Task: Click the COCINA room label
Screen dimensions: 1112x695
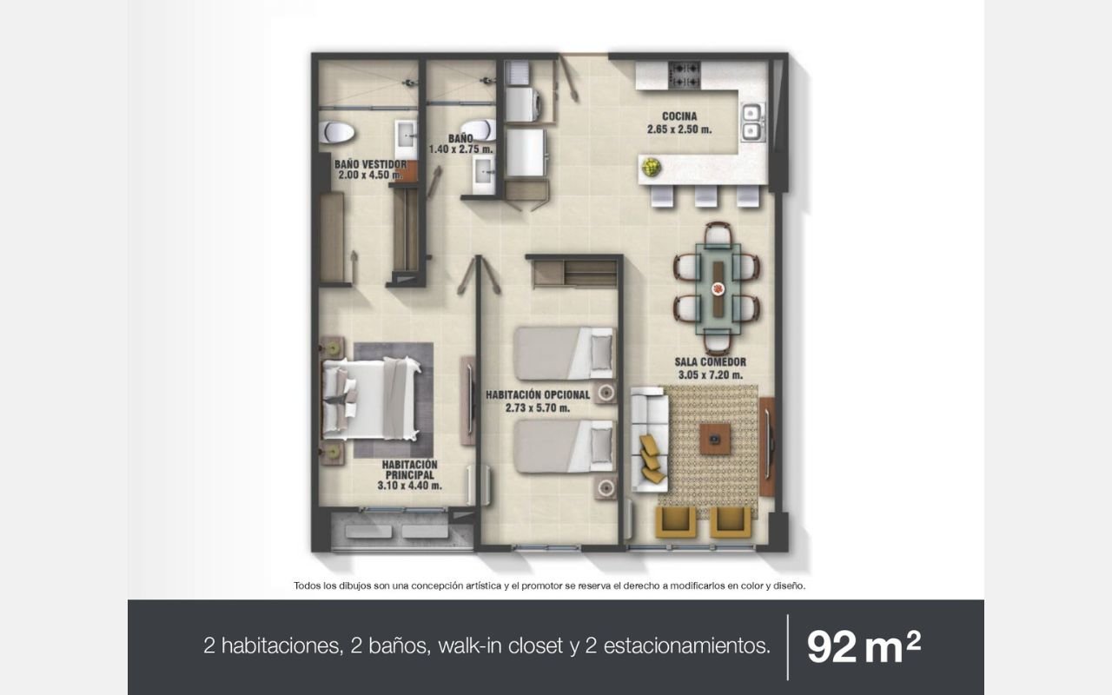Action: (x=679, y=116)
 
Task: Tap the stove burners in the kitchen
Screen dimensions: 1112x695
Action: (x=684, y=75)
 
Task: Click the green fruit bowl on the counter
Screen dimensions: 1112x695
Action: (x=651, y=168)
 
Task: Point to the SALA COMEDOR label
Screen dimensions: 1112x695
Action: (x=710, y=362)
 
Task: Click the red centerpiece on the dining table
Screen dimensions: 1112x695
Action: (x=718, y=288)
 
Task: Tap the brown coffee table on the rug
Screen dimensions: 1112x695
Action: (x=715, y=439)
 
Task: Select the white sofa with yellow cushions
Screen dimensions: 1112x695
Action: (x=649, y=440)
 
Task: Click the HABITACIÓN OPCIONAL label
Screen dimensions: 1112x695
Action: (x=538, y=395)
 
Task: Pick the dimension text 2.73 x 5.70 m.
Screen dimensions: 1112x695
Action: (x=538, y=408)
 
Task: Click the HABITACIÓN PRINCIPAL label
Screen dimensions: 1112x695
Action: (x=409, y=470)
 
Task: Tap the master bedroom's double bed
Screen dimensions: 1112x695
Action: (x=371, y=399)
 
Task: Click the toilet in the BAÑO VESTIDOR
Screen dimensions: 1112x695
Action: (x=336, y=132)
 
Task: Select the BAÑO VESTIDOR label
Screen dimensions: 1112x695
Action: (x=370, y=164)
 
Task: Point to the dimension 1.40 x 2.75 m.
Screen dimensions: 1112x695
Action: (x=461, y=149)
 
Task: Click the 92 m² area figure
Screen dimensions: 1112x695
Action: (x=864, y=646)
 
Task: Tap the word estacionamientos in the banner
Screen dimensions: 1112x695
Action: (x=687, y=645)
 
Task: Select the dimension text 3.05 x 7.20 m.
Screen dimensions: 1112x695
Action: (x=711, y=374)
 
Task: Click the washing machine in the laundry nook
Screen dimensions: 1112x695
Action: (x=523, y=104)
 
